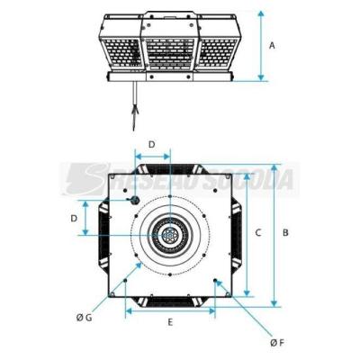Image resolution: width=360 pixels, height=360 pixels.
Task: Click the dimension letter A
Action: pyautogui.click(x=272, y=46)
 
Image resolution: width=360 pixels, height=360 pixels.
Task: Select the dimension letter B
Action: pyautogui.click(x=285, y=232)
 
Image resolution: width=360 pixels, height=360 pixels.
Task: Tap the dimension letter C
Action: pyautogui.click(x=258, y=232)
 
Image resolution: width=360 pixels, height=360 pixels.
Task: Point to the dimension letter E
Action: pyautogui.click(x=170, y=322)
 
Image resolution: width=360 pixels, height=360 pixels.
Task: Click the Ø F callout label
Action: pyautogui.click(x=276, y=343)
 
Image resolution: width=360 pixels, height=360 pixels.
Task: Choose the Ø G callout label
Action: pyautogui.click(x=85, y=318)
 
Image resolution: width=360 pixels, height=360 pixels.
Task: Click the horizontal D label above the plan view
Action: pyautogui.click(x=152, y=144)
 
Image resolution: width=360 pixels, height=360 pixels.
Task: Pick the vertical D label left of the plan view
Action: pyautogui.click(x=74, y=219)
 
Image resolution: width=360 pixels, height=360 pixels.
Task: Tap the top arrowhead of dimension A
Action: pyautogui.click(x=261, y=13)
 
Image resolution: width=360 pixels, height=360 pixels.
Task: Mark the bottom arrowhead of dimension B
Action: pyautogui.click(x=274, y=303)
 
